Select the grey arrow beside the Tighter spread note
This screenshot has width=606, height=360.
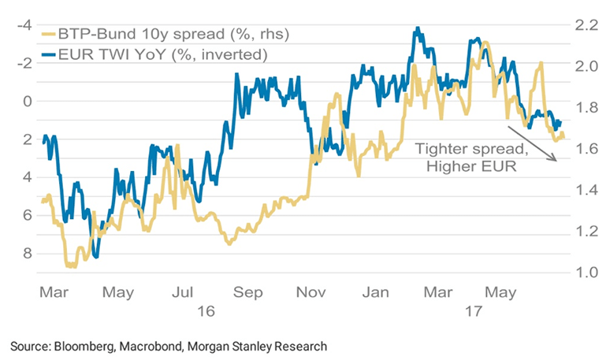531,143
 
